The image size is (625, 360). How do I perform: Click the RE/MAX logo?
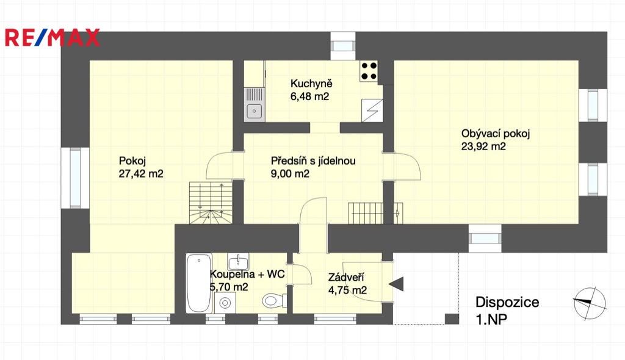52,37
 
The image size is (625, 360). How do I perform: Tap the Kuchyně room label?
311,84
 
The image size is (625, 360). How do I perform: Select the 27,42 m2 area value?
141,174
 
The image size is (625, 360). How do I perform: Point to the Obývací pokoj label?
496,134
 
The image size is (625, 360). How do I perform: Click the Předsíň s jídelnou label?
313,161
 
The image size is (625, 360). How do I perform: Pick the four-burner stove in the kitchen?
369,71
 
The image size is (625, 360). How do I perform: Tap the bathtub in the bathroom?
198,283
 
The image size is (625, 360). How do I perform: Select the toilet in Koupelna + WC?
275,300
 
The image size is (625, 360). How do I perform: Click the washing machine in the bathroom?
225,303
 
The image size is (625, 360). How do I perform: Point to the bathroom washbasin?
239,262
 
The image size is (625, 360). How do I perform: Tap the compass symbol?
590,303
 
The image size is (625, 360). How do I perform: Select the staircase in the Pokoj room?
211,203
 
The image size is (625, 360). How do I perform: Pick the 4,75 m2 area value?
347,290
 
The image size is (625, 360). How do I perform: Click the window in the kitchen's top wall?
343,46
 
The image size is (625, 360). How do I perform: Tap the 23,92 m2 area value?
483,146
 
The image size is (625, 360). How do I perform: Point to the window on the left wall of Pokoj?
75,178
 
